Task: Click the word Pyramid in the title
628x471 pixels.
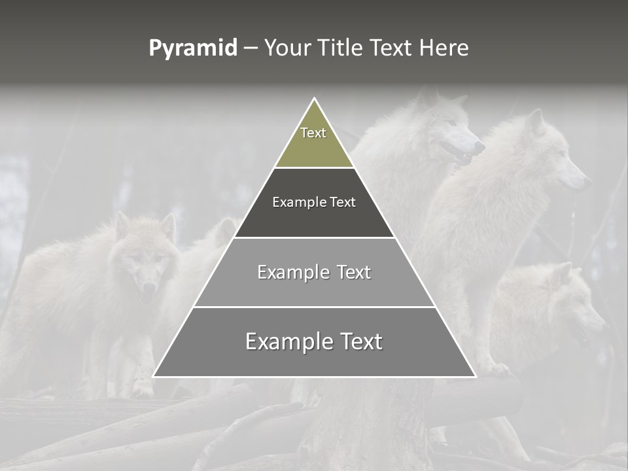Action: pyautogui.click(x=192, y=49)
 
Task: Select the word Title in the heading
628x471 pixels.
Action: pyautogui.click(x=343, y=48)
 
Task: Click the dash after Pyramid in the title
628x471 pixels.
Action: pyautogui.click(x=251, y=49)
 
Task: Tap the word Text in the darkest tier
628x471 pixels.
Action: pyautogui.click(x=343, y=202)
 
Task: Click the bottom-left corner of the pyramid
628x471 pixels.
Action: pyautogui.click(x=154, y=376)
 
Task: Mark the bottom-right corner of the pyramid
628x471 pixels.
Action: pyautogui.click(x=475, y=376)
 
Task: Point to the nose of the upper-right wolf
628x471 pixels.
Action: pyautogui.click(x=586, y=182)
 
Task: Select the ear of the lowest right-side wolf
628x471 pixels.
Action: pyautogui.click(x=563, y=271)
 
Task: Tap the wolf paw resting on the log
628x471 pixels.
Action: pyautogui.click(x=497, y=370)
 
